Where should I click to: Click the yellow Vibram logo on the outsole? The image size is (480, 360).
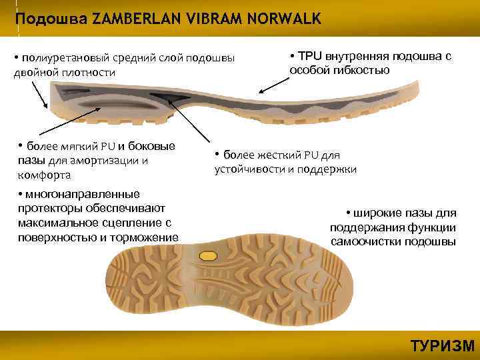[x=208, y=255]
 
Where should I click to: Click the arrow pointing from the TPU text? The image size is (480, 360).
[x=273, y=84]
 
